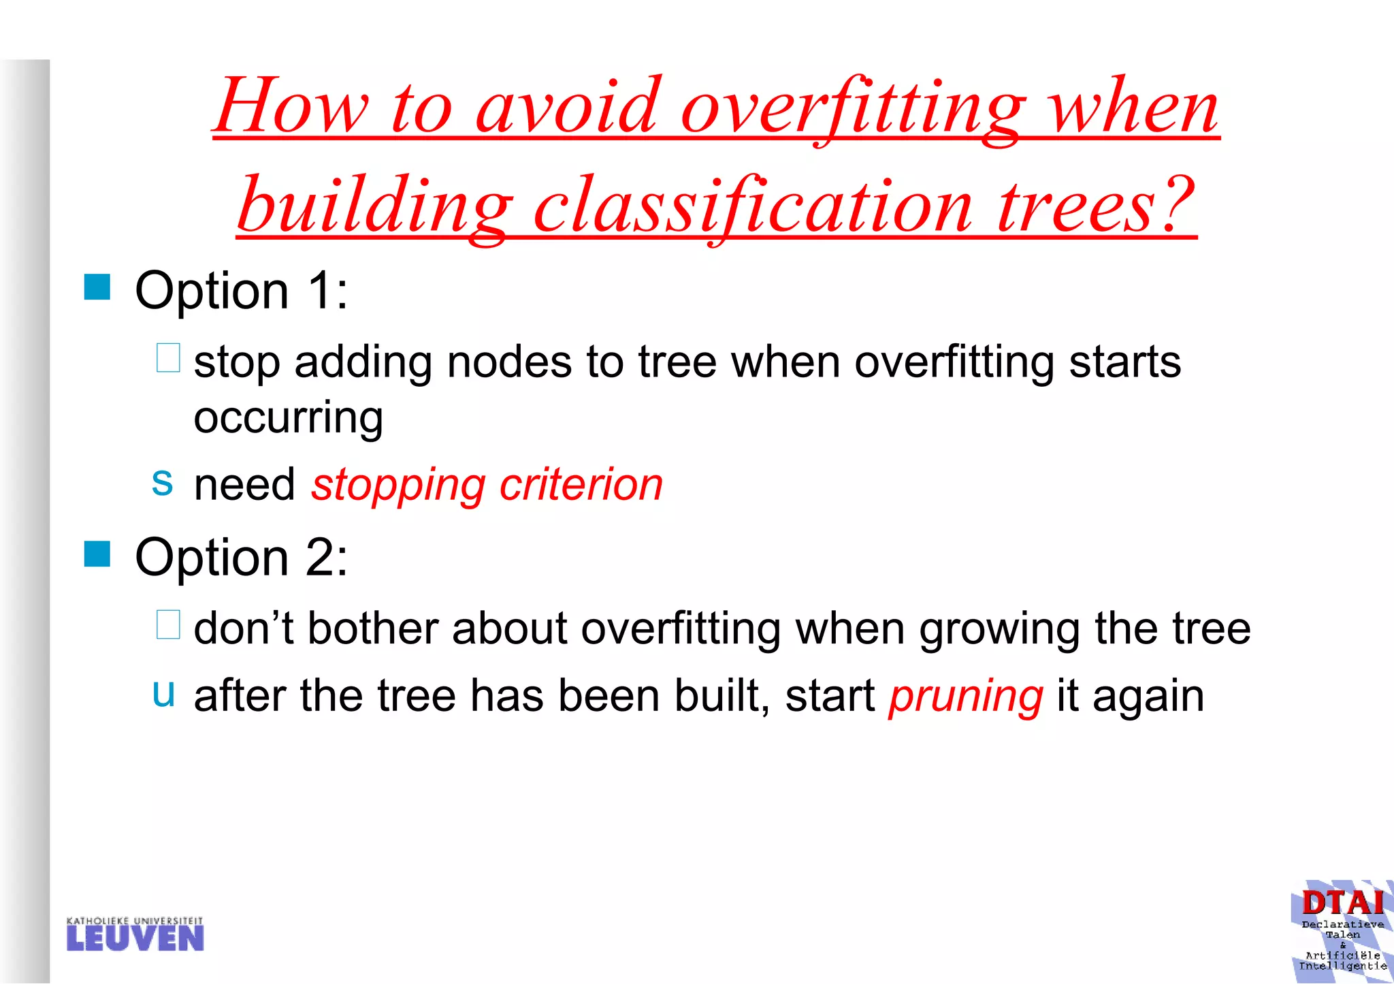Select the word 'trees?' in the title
point(1095,206)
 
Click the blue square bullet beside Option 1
point(97,287)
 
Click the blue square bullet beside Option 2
point(97,554)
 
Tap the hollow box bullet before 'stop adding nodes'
point(168,358)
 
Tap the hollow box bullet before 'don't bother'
point(168,624)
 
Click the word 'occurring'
point(289,419)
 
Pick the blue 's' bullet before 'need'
point(162,482)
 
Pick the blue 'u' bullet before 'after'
point(163,693)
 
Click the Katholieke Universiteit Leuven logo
point(135,934)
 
